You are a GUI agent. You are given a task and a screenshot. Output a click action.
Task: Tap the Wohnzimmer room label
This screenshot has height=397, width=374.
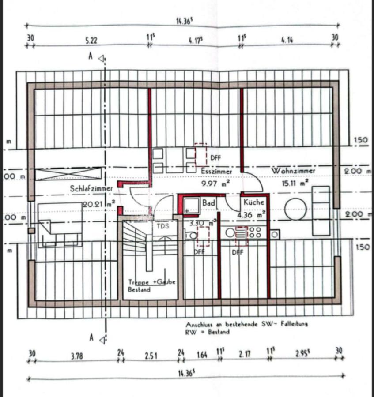pyautogui.click(x=293, y=170)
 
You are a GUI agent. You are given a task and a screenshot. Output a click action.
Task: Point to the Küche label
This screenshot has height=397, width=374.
pyautogui.click(x=253, y=202)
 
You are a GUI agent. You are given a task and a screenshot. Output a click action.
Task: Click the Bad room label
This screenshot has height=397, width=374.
pyautogui.click(x=208, y=202)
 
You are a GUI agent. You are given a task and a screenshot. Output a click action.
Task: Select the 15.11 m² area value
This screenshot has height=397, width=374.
pyautogui.click(x=295, y=181)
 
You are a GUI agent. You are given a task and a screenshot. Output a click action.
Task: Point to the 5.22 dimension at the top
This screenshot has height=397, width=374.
pyautogui.click(x=91, y=40)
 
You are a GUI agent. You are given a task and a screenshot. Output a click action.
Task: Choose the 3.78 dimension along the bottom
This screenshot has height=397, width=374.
pyautogui.click(x=77, y=355)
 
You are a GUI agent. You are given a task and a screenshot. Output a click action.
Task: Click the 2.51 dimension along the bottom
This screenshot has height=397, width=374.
pyautogui.click(x=151, y=355)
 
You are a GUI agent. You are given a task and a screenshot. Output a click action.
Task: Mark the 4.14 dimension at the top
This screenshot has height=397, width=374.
pyautogui.click(x=286, y=40)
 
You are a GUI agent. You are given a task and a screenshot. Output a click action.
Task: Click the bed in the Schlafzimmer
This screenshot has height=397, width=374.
pyautogui.click(x=60, y=225)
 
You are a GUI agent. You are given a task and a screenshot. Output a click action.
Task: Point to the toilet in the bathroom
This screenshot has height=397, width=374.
pyautogui.click(x=192, y=236)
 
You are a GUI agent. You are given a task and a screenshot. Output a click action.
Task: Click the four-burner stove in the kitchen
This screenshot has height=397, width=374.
pyautogui.click(x=255, y=232)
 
